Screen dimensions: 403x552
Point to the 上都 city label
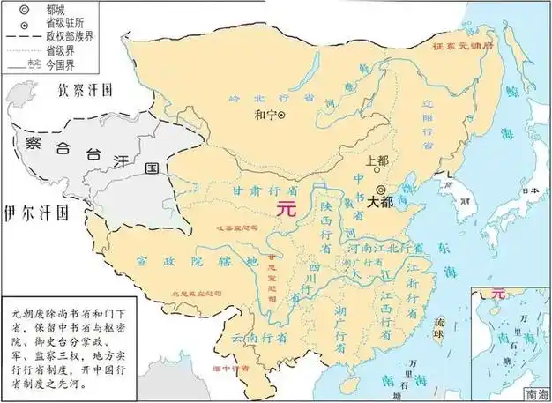click(x=377, y=161)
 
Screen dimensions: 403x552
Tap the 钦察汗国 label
click(x=87, y=90)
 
